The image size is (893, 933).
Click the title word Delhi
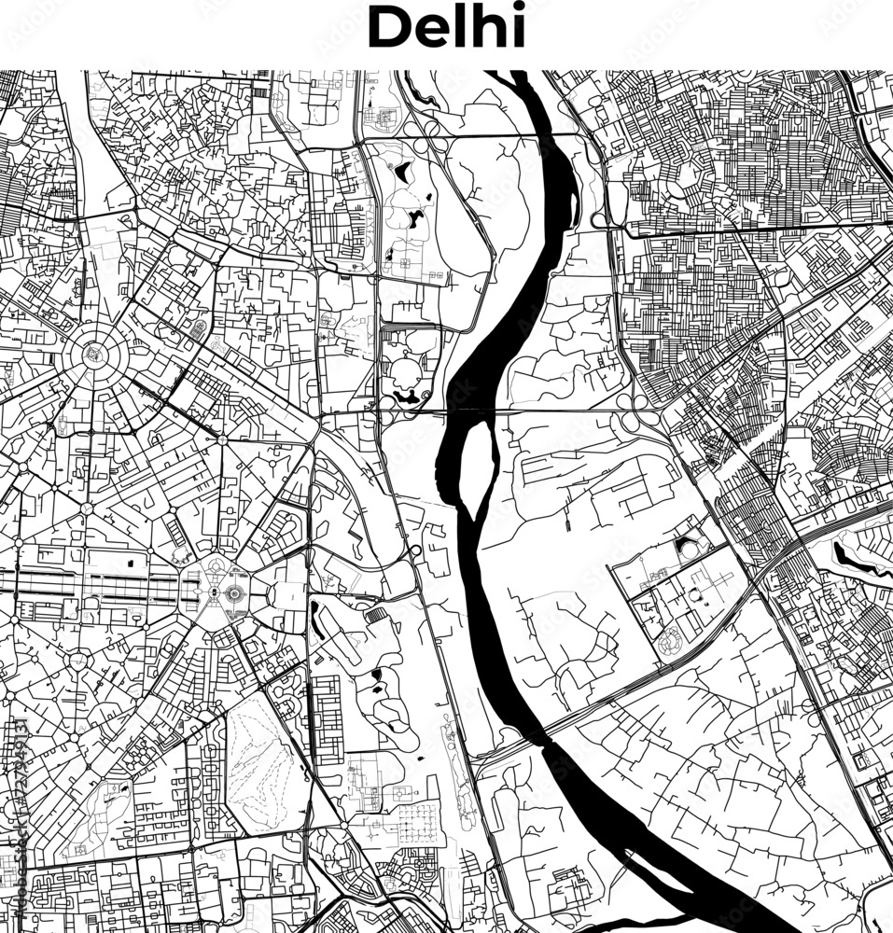(x=446, y=29)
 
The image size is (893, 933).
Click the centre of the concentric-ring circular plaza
(x=93, y=353)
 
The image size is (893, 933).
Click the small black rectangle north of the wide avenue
(x=129, y=563)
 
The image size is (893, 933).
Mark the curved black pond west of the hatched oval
(x=318, y=620)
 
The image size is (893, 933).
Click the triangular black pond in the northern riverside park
(x=403, y=171)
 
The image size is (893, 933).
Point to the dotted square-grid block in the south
(x=415, y=821)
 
